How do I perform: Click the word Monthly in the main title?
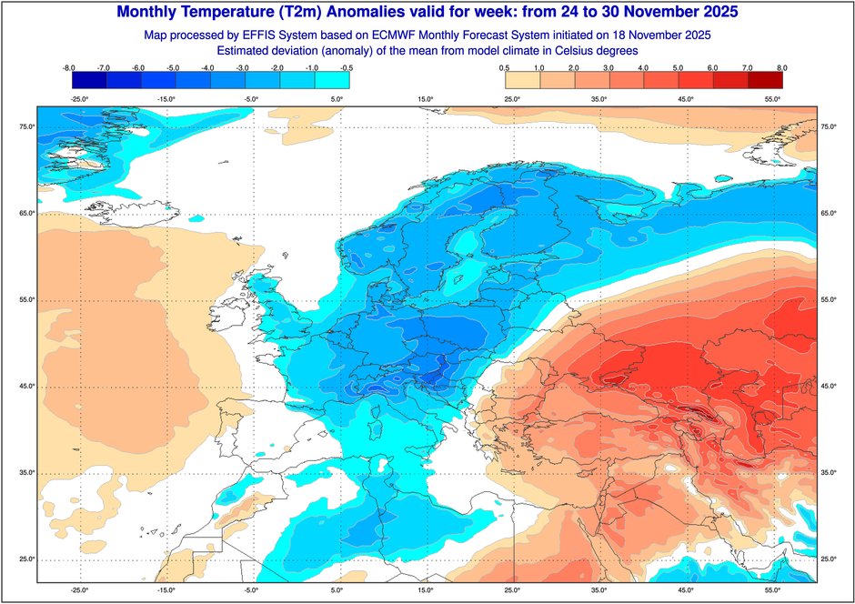tap(157, 13)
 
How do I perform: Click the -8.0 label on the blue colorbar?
tap(68, 67)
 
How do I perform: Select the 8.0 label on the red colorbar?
tap(781, 67)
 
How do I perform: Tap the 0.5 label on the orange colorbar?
tap(504, 67)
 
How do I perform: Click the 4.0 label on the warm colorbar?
tap(643, 67)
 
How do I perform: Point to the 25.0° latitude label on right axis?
tap(828, 559)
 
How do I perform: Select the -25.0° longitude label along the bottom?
tap(79, 590)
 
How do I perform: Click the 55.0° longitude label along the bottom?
tap(774, 590)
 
